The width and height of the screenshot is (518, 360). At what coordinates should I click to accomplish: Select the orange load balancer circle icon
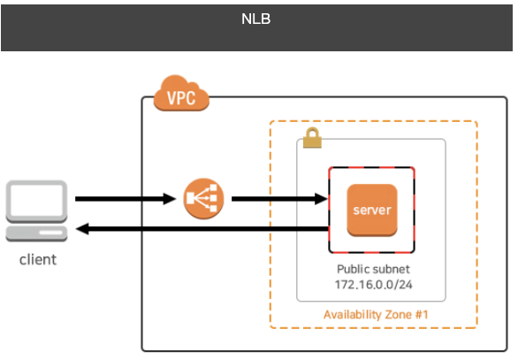pyautogui.click(x=204, y=199)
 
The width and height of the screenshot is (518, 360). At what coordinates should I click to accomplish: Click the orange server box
pyautogui.click(x=371, y=211)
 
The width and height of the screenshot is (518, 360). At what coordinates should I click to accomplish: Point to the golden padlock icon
pyautogui.click(x=311, y=138)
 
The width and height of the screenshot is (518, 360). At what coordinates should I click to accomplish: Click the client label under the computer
pyautogui.click(x=37, y=259)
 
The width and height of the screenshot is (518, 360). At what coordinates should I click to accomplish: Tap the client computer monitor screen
pyautogui.click(x=36, y=201)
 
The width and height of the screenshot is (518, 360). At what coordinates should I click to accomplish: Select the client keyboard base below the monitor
pyautogui.click(x=36, y=234)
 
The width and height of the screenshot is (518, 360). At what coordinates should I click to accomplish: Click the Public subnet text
pyautogui.click(x=371, y=269)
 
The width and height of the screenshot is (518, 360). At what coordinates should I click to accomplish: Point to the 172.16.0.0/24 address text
pyautogui.click(x=371, y=285)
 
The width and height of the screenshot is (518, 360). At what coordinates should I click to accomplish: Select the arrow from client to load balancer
pyautogui.click(x=124, y=199)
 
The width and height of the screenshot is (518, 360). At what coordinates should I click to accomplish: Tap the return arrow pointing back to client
pyautogui.click(x=203, y=229)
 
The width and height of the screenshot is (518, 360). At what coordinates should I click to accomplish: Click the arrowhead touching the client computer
pyautogui.click(x=81, y=229)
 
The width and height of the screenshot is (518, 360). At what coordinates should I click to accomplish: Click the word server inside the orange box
pyautogui.click(x=371, y=211)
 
